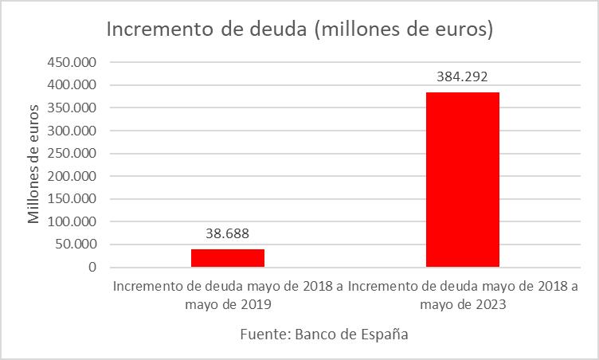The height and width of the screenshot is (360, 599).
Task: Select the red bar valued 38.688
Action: pyautogui.click(x=228, y=258)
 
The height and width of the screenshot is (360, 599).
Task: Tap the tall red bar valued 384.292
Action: pyautogui.click(x=462, y=179)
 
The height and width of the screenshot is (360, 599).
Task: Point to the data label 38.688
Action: pyautogui.click(x=228, y=234)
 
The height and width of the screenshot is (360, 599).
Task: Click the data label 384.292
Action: pyautogui.click(x=462, y=77)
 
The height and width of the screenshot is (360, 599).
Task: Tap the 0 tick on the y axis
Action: pyautogui.click(x=92, y=268)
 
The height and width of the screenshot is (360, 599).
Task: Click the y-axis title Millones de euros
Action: pyautogui.click(x=33, y=163)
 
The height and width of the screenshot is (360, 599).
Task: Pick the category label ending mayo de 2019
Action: pyautogui.click(x=228, y=295)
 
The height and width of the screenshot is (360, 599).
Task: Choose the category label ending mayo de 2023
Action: pyautogui.click(x=462, y=295)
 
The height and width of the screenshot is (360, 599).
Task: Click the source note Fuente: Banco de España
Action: pyautogui.click(x=324, y=335)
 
